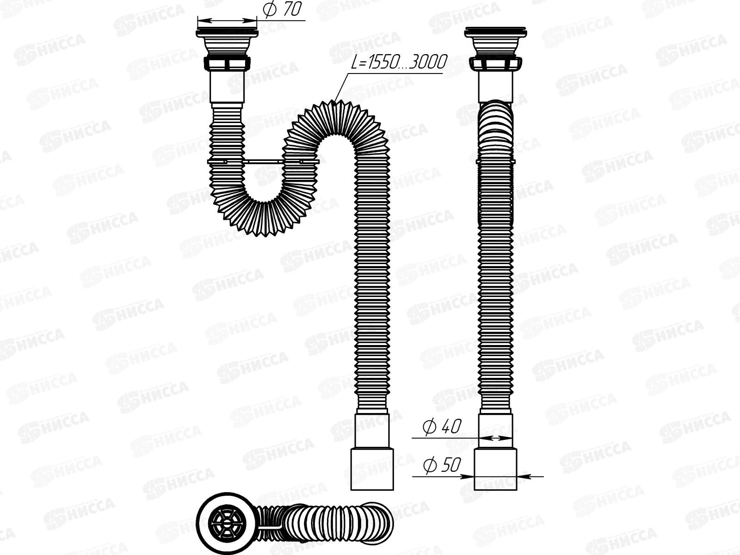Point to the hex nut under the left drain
tap(226, 63)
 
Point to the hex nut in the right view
tap(495, 63)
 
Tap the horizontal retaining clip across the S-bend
tap(264, 161)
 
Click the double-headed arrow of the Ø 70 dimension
tap(226, 20)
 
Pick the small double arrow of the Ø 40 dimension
tap(495, 437)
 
